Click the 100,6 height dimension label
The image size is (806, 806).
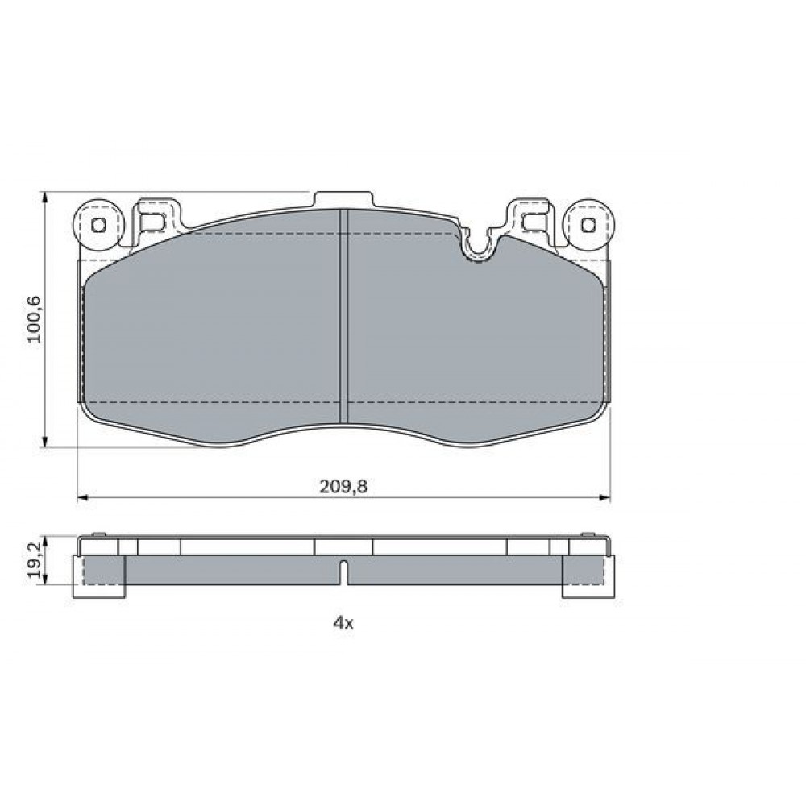click(x=35, y=320)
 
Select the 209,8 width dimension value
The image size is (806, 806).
click(x=343, y=486)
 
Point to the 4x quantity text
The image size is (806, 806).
click(x=343, y=624)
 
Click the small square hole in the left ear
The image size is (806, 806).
click(x=98, y=225)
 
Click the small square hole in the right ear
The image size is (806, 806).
click(x=588, y=225)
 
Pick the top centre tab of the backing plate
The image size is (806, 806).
click(x=343, y=199)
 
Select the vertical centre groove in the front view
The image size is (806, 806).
click(x=344, y=316)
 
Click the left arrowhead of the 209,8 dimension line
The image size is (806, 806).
click(x=82, y=497)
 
